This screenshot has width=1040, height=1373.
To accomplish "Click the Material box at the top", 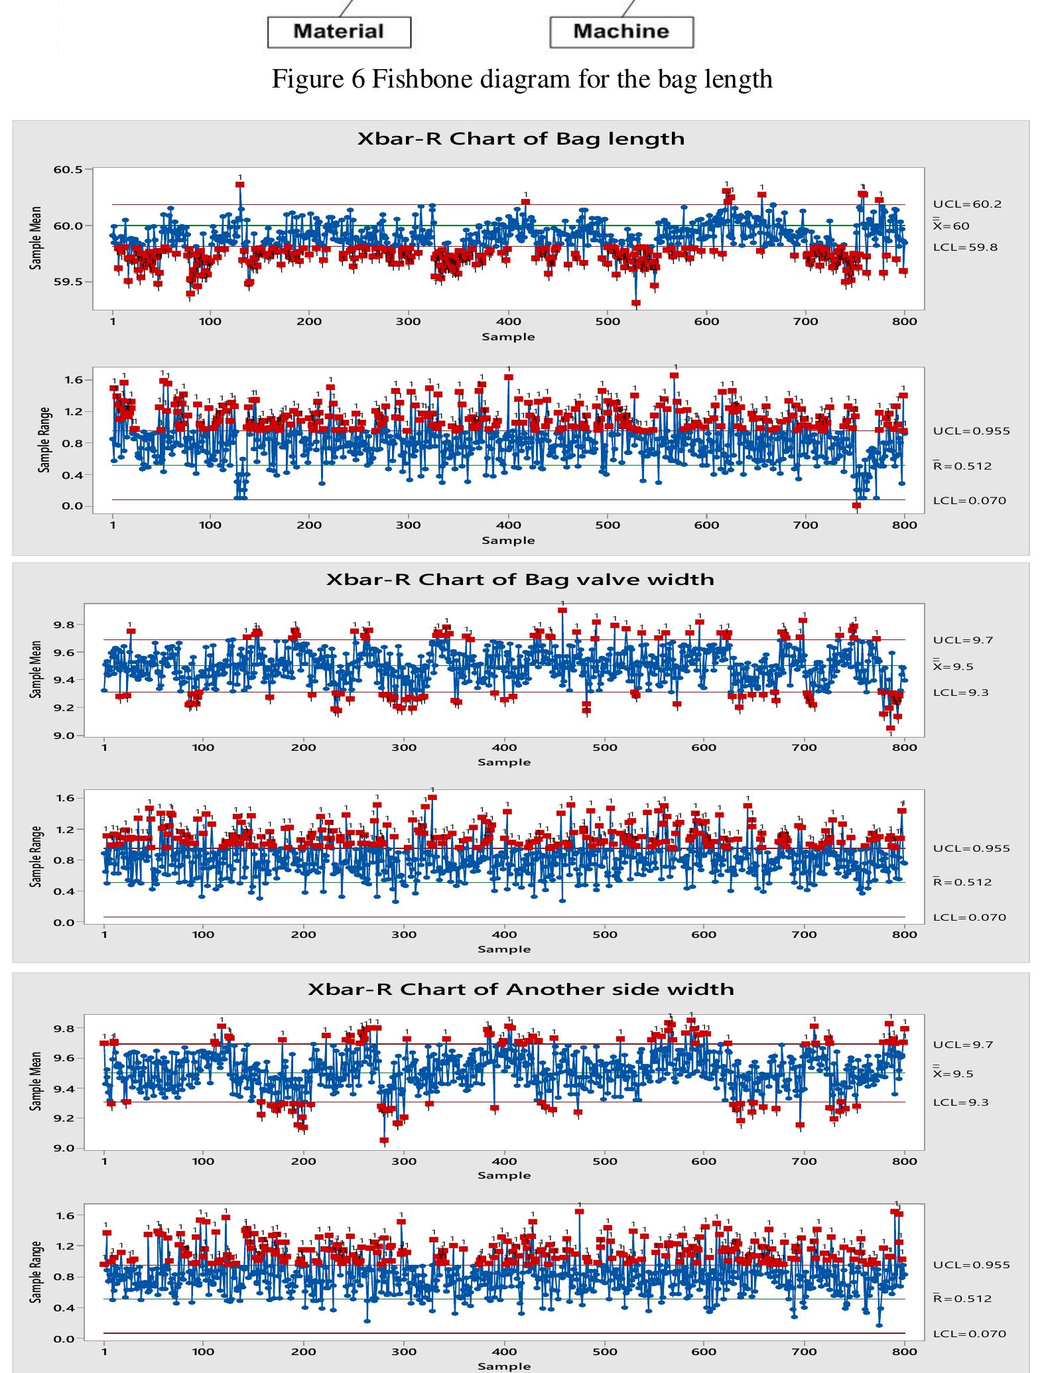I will (338, 32).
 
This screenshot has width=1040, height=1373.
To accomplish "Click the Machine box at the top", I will (621, 32).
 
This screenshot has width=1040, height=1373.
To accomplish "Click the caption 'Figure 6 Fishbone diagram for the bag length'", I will (522, 79).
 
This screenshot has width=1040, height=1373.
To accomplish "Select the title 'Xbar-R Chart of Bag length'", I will (521, 139).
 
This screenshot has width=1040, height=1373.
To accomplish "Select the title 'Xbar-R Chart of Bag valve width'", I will (520, 579).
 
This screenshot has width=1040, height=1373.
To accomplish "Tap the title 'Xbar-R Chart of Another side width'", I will (521, 989).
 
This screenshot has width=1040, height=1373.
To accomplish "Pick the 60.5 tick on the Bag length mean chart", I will (68, 170).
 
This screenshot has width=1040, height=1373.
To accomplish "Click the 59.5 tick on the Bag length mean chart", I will (68, 282).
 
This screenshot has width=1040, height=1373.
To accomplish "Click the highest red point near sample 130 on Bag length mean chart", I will (240, 184).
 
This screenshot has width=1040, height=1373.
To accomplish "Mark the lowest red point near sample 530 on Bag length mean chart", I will (636, 303).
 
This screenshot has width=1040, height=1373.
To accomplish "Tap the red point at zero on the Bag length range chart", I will (856, 505).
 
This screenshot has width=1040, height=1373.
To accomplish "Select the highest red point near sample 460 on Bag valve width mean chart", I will (562, 610).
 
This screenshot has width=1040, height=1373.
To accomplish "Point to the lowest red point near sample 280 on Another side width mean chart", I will (384, 1141).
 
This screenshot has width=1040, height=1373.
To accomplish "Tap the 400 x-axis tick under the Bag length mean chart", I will (509, 322).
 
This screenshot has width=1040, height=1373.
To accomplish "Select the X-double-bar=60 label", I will (951, 226).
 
